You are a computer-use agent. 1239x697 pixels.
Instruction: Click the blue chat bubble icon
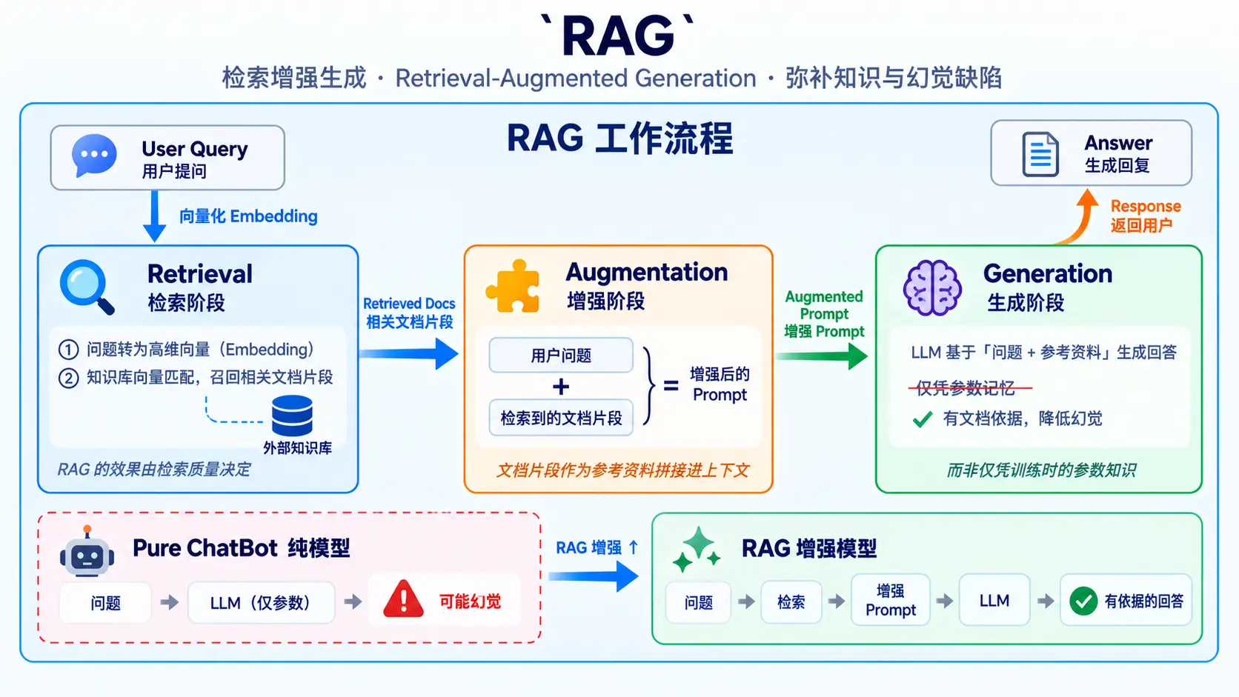click(94, 156)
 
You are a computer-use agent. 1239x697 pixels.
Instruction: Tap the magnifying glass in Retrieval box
click(86, 287)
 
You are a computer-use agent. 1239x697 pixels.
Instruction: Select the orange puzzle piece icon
click(513, 287)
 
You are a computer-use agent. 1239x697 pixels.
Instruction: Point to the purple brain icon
click(932, 287)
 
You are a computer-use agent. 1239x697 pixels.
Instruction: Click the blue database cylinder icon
click(292, 415)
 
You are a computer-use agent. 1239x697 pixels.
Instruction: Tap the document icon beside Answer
click(1040, 154)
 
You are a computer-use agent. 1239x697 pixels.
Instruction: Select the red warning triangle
click(403, 598)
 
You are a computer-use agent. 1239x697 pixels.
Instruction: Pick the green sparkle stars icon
click(697, 550)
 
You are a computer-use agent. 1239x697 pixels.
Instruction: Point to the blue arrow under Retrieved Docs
click(408, 354)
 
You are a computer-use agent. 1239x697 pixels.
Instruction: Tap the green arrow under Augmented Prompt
click(821, 356)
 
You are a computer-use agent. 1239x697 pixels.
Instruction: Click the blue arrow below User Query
click(154, 216)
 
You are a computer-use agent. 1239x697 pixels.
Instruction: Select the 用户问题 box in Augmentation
click(561, 355)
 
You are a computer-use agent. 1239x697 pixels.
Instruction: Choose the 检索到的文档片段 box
click(561, 418)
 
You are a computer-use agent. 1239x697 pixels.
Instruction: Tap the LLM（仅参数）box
click(261, 602)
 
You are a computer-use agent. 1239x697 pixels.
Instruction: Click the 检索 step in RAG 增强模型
click(791, 602)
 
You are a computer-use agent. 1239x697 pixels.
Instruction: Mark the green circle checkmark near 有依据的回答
click(1083, 601)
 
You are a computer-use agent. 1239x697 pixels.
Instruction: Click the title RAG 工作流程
click(620, 139)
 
